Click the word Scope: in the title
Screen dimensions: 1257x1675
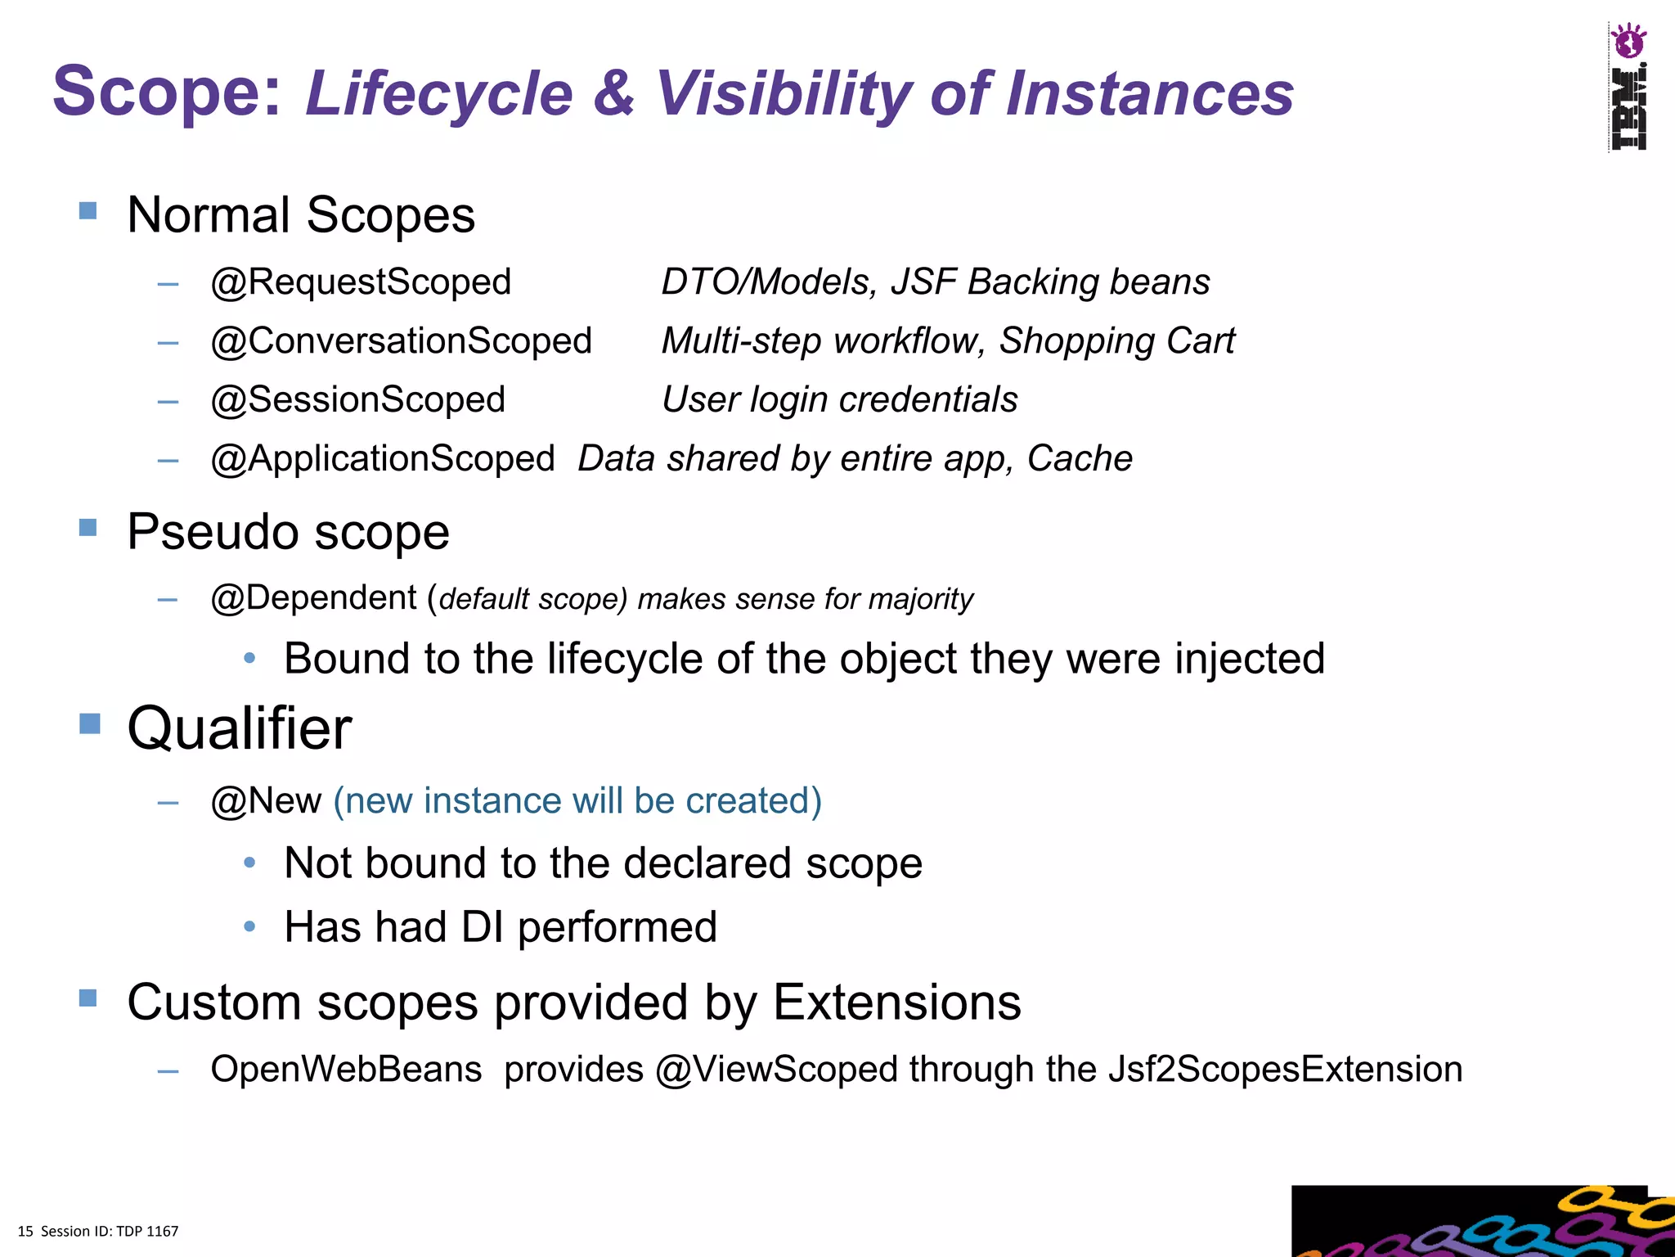pyautogui.click(x=167, y=92)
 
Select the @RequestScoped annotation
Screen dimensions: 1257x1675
pyautogui.click(x=361, y=282)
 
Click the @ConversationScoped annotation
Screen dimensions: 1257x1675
pyautogui.click(x=401, y=341)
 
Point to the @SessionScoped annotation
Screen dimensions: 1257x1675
pyautogui.click(x=357, y=400)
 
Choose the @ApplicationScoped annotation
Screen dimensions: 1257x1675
pyautogui.click(x=383, y=459)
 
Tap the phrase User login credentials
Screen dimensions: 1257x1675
pyautogui.click(x=839, y=400)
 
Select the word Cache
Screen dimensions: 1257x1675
pyautogui.click(x=1079, y=459)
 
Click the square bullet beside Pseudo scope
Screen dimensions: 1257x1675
pyautogui.click(x=88, y=527)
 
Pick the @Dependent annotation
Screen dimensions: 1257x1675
pyautogui.click(x=314, y=598)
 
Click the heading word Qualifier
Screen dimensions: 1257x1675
pyautogui.click(x=240, y=728)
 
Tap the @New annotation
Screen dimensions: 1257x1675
pyautogui.click(x=266, y=801)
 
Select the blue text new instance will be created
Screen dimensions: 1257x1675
pyautogui.click(x=577, y=801)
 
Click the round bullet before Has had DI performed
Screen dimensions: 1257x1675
pyautogui.click(x=250, y=927)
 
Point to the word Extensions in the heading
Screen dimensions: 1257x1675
pyautogui.click(x=896, y=1002)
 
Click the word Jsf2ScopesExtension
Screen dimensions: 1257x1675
pyautogui.click(x=1285, y=1070)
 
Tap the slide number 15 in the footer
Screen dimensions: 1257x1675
pyautogui.click(x=25, y=1232)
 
